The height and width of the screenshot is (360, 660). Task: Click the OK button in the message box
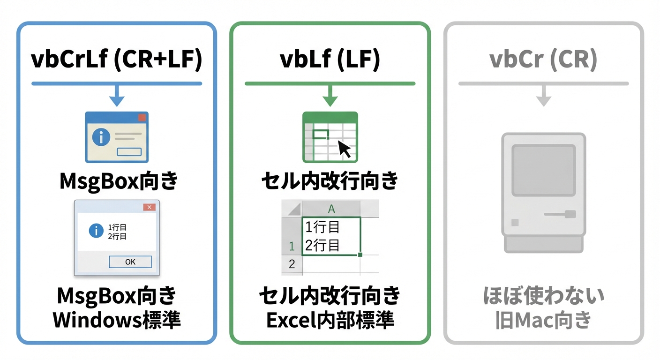point(130,262)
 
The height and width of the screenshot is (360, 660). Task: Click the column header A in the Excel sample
point(331,209)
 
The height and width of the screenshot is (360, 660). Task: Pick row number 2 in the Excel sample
point(292,264)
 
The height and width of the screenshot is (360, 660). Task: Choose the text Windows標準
point(116,320)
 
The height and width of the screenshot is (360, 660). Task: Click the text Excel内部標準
point(330,320)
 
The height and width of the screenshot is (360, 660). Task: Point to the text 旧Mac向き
point(543,321)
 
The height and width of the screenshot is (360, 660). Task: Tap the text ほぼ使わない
point(543,296)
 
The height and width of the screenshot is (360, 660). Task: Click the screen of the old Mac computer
point(543,170)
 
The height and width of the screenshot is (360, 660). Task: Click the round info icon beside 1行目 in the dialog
point(96,231)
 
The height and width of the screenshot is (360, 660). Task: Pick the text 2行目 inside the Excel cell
point(322,245)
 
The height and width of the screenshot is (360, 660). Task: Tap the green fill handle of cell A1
point(360,255)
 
